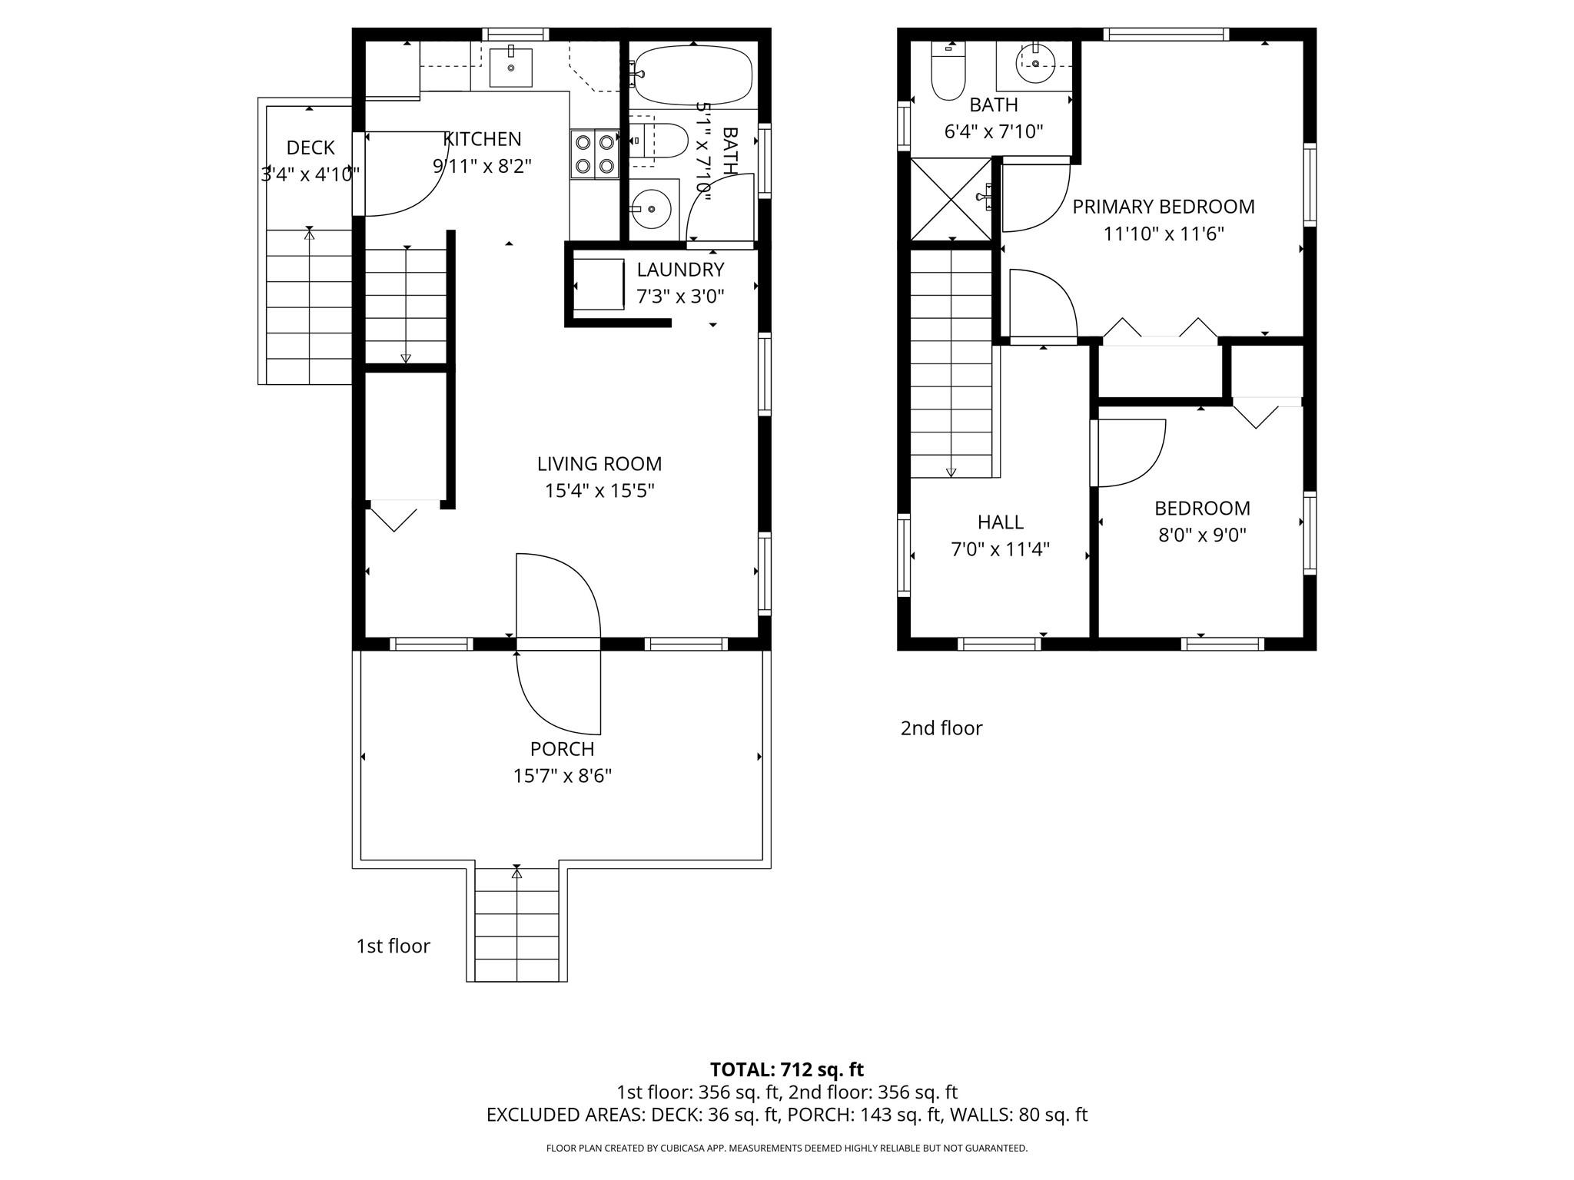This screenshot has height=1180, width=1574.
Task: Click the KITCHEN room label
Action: (482, 139)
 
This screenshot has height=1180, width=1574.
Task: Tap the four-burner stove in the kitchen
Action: (595, 154)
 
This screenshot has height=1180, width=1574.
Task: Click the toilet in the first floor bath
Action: (661, 141)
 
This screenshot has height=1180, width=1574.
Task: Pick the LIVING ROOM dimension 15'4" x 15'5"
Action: (599, 490)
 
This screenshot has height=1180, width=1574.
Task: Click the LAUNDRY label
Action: (680, 270)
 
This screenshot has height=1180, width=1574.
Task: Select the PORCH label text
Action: (562, 748)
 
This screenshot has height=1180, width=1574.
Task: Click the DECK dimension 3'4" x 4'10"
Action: (310, 174)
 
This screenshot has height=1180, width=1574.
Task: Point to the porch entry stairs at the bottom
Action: (516, 925)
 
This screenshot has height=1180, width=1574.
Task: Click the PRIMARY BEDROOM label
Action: (1163, 207)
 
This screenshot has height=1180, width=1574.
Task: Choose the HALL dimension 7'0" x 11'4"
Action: (1000, 549)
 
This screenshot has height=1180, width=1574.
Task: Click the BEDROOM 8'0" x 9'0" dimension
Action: (1202, 535)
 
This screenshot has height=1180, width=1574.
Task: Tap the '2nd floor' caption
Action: (941, 728)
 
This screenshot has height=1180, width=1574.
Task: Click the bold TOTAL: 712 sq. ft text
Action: (786, 1069)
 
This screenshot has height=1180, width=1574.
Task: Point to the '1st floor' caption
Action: (393, 946)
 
